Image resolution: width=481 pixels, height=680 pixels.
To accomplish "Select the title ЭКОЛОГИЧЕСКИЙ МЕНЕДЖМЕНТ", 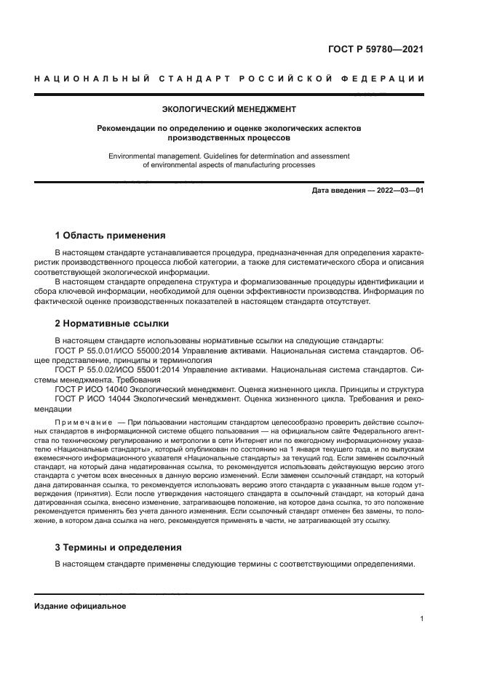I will click(229, 110).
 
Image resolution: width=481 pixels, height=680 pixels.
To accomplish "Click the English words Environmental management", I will click(148, 156).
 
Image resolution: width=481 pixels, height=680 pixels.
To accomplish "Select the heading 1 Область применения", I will click(110, 236).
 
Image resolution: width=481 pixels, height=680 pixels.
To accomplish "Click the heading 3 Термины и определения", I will click(119, 547).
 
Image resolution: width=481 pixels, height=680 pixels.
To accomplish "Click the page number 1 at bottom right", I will click(421, 619).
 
